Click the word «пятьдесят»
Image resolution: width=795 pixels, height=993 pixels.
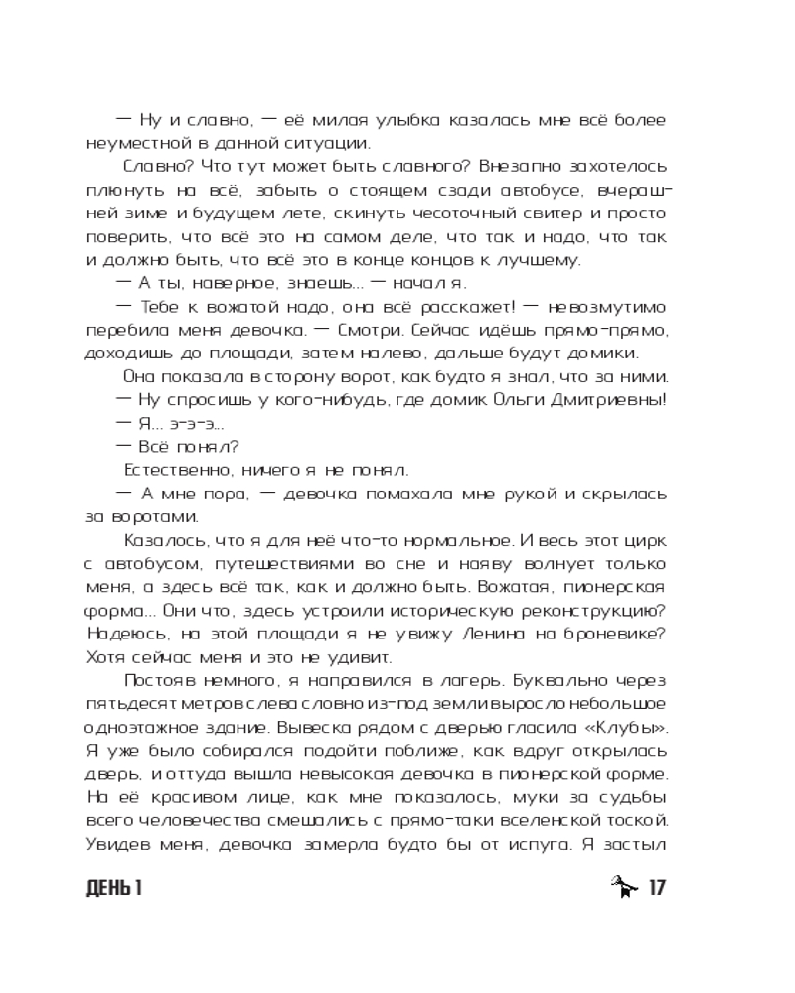point(128,704)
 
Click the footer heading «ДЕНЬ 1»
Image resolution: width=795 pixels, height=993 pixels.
point(114,887)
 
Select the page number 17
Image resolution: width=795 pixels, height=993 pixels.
point(655,887)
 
